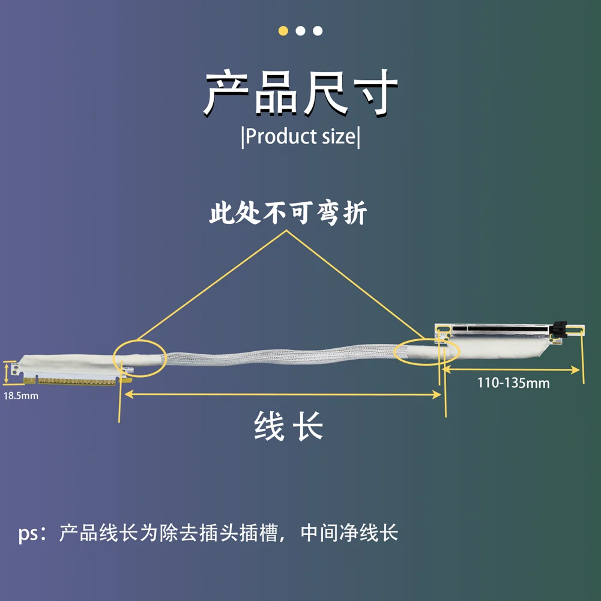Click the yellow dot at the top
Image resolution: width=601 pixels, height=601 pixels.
tap(283, 31)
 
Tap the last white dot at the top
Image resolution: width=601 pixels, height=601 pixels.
tap(318, 31)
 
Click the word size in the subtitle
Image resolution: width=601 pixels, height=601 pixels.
tap(339, 136)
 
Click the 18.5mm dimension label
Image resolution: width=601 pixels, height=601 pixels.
tap(21, 396)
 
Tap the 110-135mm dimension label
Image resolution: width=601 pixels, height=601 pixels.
tap(513, 382)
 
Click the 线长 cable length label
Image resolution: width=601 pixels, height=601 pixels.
tap(289, 427)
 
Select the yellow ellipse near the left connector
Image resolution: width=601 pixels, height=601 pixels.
tap(139, 358)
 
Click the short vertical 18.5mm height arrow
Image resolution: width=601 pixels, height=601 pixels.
tap(7, 372)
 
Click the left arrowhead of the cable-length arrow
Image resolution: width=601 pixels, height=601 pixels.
tap(124, 394)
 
